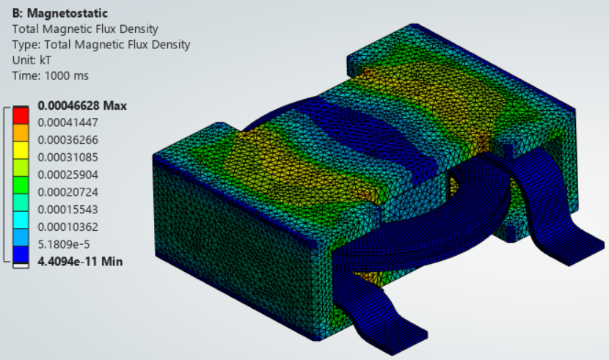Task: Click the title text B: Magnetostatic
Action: coord(60,13)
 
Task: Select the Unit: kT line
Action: coord(32,60)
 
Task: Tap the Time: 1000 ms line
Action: coord(50,76)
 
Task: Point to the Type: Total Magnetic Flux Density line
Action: coord(101,45)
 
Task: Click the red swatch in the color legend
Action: coord(21,115)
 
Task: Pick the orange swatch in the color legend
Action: coord(21,133)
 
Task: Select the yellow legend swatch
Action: coord(21,150)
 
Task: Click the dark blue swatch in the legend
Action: coord(21,255)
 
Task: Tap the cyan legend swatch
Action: coord(21,220)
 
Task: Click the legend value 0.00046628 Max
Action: coord(82,106)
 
